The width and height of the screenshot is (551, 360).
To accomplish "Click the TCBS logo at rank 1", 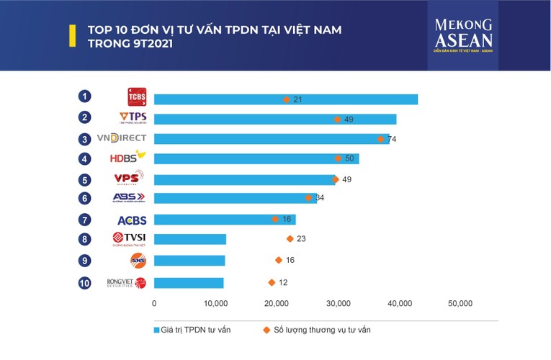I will (x=136, y=97).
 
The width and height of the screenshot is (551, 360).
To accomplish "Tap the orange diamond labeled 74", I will (x=381, y=139).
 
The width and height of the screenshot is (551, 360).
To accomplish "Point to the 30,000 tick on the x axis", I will (x=339, y=304).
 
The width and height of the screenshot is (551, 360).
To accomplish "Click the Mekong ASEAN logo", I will (x=463, y=35).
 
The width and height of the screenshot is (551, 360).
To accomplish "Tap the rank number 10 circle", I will (x=85, y=283).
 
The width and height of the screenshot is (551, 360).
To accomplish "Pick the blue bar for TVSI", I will (x=190, y=239).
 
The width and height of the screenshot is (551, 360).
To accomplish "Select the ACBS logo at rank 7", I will (x=132, y=220).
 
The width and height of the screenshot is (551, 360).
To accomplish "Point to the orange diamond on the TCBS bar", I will (x=287, y=99).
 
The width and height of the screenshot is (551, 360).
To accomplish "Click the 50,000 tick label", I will (x=460, y=304).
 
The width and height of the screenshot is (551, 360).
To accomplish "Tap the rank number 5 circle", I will (x=85, y=180).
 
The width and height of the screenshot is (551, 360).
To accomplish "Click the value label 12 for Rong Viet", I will (x=283, y=283).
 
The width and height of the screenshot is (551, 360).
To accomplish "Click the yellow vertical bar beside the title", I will (x=72, y=36).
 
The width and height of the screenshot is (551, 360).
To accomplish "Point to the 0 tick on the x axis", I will (x=154, y=304).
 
